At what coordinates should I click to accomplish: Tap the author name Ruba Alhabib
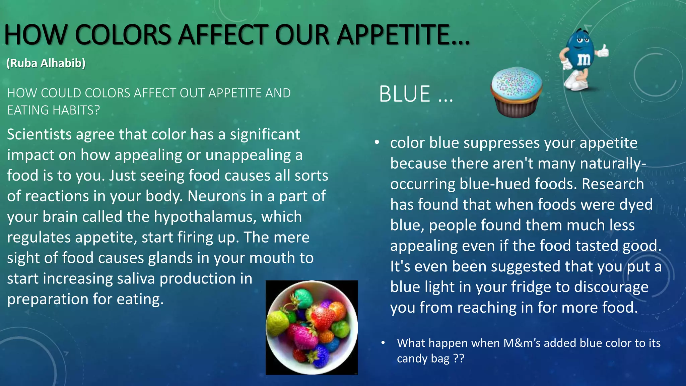(x=46, y=63)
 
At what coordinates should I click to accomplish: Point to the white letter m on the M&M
(x=584, y=59)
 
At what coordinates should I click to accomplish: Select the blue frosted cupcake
(x=516, y=92)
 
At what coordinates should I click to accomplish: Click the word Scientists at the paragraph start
(x=39, y=135)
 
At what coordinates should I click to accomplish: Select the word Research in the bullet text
(x=613, y=184)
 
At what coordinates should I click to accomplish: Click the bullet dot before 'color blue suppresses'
(x=377, y=143)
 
